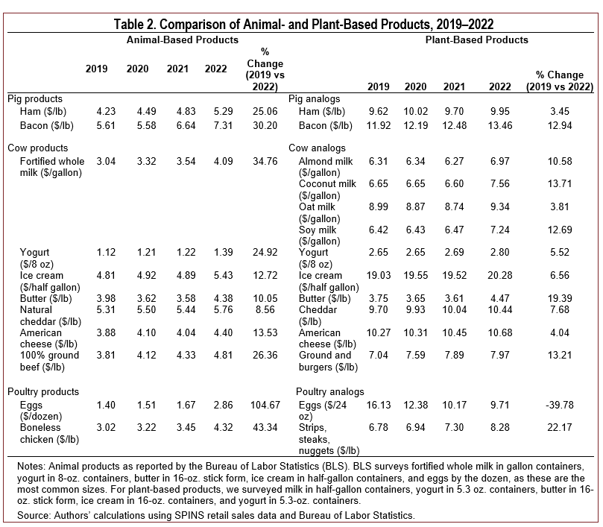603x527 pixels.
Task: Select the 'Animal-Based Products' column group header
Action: pyautogui.click(x=183, y=40)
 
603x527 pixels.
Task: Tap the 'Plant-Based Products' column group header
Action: pyautogui.click(x=476, y=40)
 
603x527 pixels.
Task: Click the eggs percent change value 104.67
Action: pyautogui.click(x=265, y=405)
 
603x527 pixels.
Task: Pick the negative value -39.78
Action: pyautogui.click(x=559, y=405)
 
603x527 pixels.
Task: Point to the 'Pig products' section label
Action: pyautogui.click(x=35, y=99)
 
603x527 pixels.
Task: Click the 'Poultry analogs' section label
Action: pyautogui.click(x=330, y=392)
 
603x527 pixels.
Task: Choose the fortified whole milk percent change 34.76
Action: pyautogui.click(x=265, y=161)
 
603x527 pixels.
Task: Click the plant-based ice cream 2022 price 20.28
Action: pyautogui.click(x=499, y=275)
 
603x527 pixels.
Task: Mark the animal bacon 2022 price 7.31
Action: pyautogui.click(x=223, y=126)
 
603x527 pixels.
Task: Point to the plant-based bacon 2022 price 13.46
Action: pyautogui.click(x=499, y=126)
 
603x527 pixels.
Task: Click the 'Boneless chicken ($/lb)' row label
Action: pyautogui.click(x=49, y=434)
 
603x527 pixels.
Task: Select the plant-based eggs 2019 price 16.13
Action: pyautogui.click(x=379, y=405)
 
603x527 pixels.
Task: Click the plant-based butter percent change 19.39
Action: pyautogui.click(x=560, y=298)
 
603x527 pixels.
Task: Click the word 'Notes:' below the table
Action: pyautogui.click(x=31, y=467)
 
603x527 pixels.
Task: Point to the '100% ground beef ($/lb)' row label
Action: pyautogui.click(x=49, y=362)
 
